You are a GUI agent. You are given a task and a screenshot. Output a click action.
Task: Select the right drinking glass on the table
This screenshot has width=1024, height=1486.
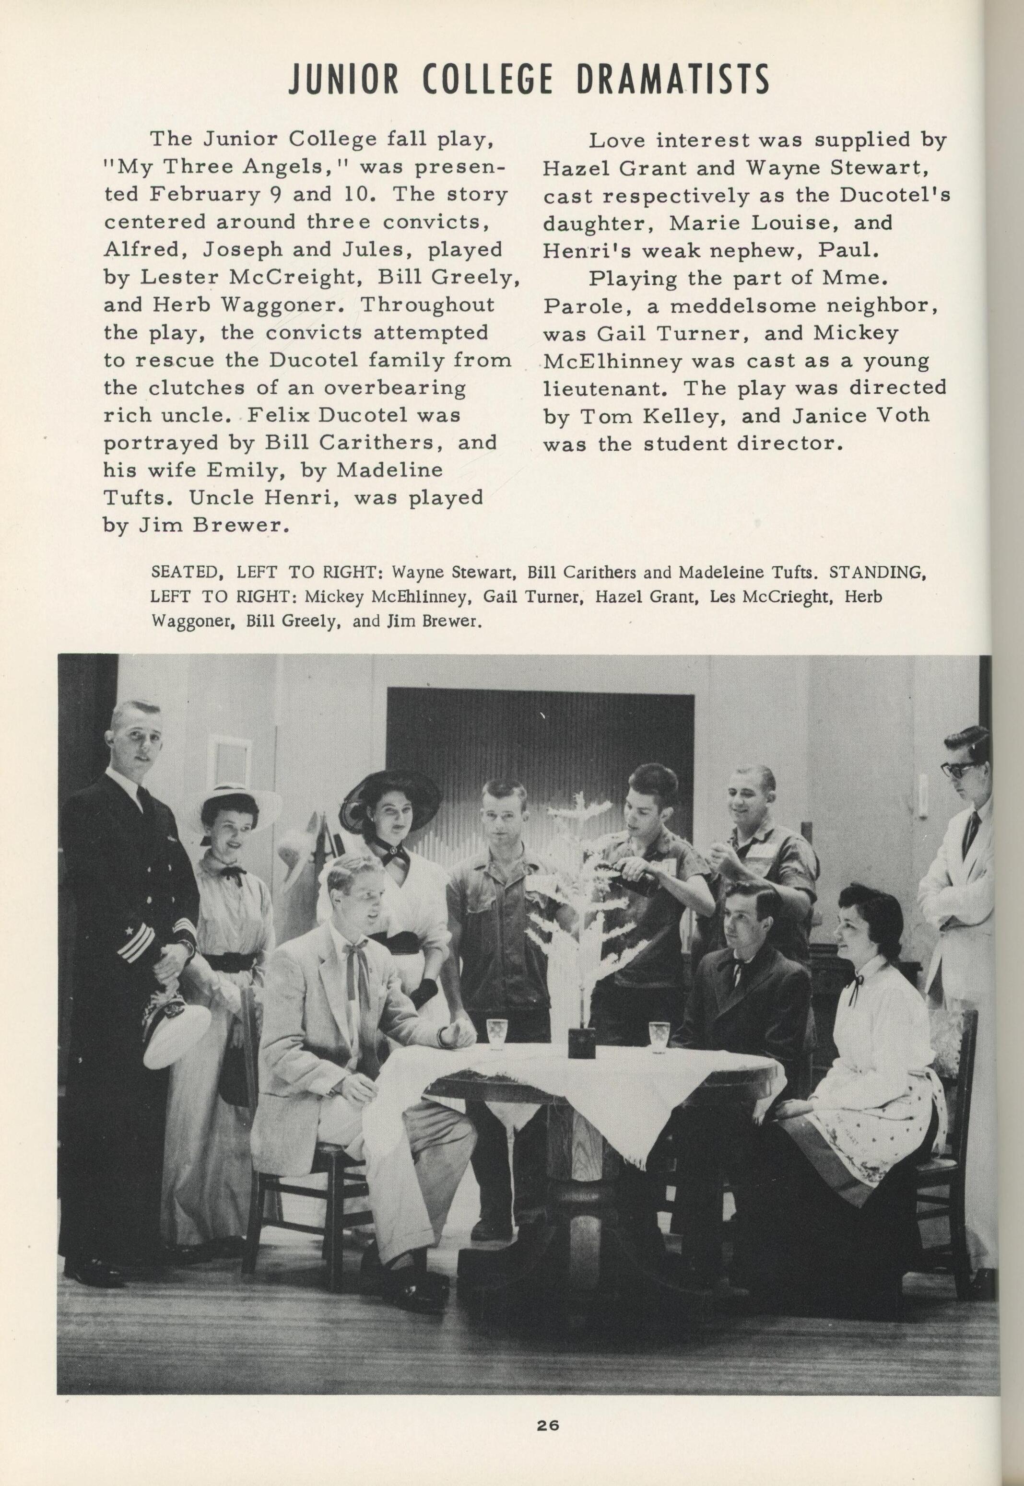point(659,1037)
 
